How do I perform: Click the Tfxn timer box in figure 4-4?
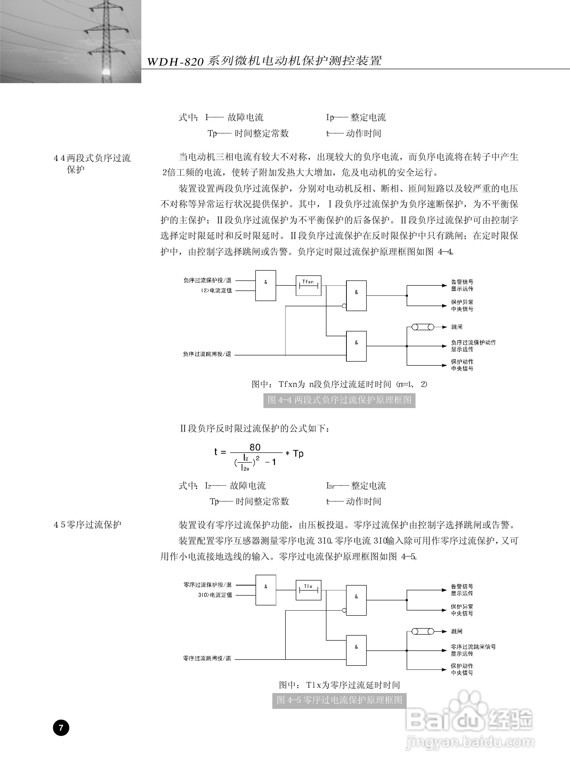coord(308,286)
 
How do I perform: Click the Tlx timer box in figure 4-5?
coord(308,590)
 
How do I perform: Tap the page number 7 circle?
coord(61,728)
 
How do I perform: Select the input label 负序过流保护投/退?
coord(207,280)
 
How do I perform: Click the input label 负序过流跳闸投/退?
coord(207,354)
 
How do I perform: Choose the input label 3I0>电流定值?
coord(215,595)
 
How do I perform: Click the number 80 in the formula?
coord(255,447)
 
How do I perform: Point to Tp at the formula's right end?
coord(298,454)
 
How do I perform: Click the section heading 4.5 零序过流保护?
coord(87,525)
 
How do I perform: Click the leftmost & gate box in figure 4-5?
coord(266,590)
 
